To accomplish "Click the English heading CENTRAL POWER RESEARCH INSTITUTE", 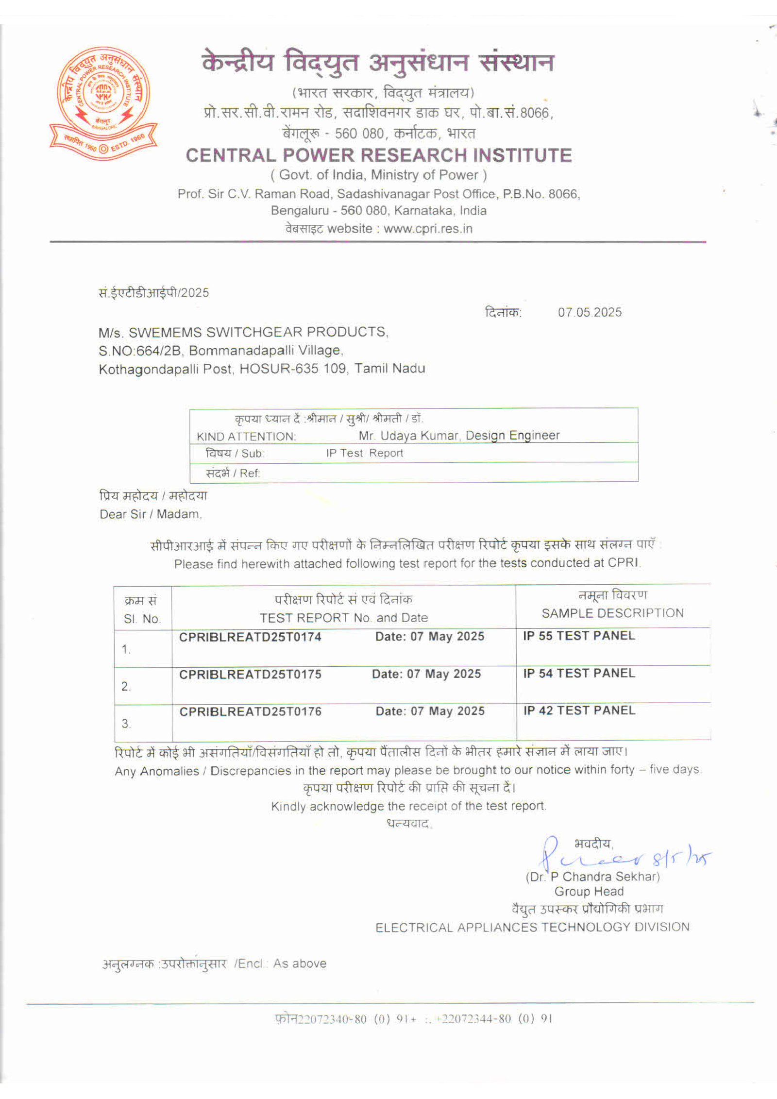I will click(x=378, y=155).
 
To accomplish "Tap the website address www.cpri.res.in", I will click(x=428, y=229).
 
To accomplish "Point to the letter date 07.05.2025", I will click(x=589, y=312).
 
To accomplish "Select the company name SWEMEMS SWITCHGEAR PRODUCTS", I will click(x=257, y=332).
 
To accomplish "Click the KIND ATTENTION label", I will click(x=246, y=437).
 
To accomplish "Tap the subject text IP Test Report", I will click(x=364, y=453).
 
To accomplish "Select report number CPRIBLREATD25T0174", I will click(x=250, y=637).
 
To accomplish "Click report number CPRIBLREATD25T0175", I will click(x=250, y=675).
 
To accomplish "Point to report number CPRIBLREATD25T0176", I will click(x=250, y=712).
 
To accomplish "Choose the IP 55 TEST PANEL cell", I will click(x=579, y=636).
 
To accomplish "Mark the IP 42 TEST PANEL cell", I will click(x=579, y=711).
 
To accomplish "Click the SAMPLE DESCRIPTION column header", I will click(x=612, y=613).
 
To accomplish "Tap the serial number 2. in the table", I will click(x=126, y=687).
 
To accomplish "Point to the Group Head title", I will click(x=589, y=892).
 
